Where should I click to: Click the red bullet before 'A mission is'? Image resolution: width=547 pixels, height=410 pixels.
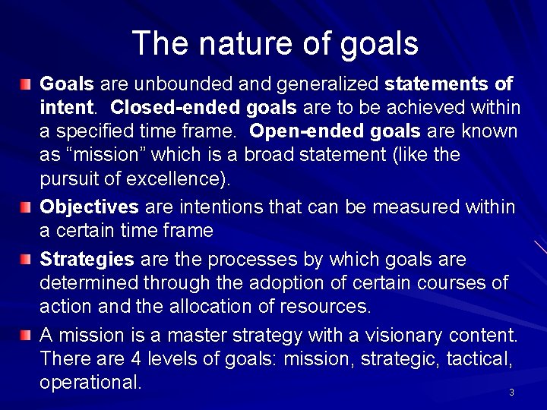click(x=27, y=335)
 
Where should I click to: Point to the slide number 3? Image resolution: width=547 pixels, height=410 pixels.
click(x=511, y=393)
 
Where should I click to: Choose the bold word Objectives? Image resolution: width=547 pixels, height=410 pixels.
click(x=88, y=207)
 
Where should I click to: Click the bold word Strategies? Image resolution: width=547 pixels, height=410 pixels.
click(x=86, y=260)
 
